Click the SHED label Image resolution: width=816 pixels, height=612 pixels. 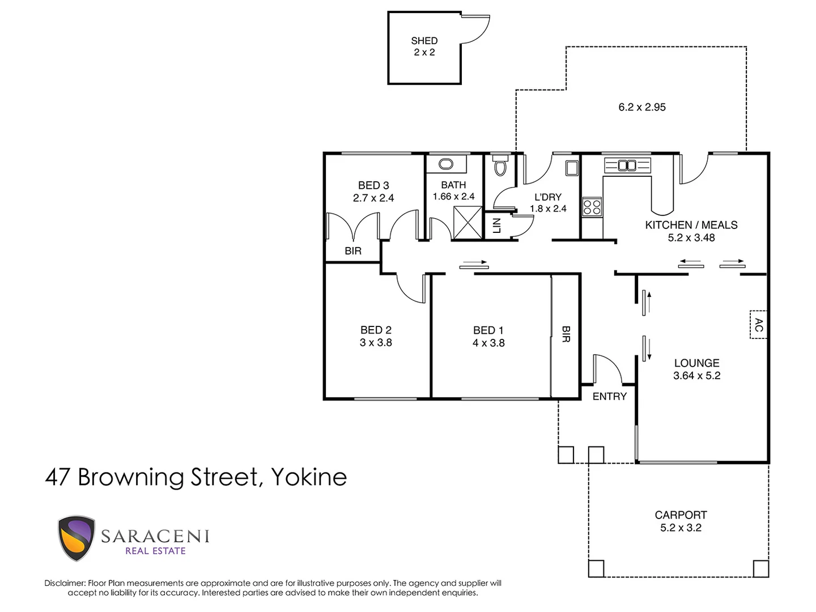(424, 41)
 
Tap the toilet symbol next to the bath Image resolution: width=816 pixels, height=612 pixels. (499, 166)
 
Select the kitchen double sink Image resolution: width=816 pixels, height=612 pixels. (627, 165)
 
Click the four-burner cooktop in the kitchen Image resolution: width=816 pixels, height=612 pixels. (592, 206)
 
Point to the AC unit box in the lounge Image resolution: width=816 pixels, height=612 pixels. (758, 325)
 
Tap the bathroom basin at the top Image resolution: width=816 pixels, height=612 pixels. (446, 164)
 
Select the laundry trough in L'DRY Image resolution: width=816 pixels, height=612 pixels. (571, 168)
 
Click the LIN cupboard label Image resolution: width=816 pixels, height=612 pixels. (497, 226)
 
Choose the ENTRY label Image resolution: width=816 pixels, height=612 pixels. (609, 397)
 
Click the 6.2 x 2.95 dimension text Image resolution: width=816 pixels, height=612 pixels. (641, 107)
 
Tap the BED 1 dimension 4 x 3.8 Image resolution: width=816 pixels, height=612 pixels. (488, 343)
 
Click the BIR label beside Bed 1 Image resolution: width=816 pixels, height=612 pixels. (566, 334)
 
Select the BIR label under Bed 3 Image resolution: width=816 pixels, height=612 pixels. (352, 251)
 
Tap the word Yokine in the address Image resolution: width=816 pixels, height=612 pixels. (309, 477)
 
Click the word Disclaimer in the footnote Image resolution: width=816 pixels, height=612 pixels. (65, 583)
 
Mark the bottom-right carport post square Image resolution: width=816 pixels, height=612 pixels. (760, 568)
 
